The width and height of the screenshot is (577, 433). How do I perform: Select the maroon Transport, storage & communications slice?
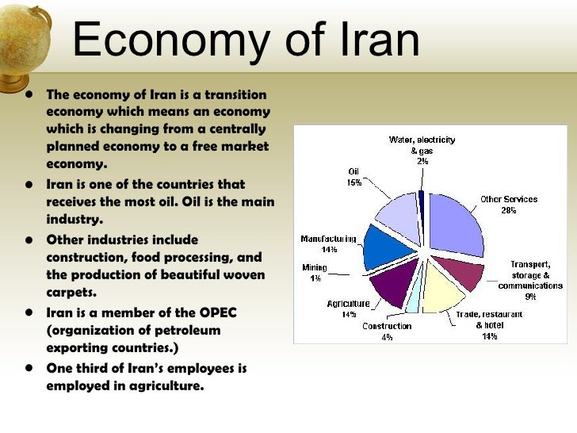[x=461, y=271]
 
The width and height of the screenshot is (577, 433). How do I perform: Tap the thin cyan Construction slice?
[x=413, y=297]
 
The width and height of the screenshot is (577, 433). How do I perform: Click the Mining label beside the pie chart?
[x=314, y=267]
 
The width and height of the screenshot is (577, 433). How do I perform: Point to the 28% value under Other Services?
[x=508, y=210]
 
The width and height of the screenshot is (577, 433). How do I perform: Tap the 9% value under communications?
[x=530, y=296]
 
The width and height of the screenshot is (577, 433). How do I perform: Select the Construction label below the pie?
[x=387, y=326]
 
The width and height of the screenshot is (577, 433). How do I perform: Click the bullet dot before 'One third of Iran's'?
[x=29, y=368]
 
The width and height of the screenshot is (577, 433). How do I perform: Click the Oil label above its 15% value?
[x=353, y=171]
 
